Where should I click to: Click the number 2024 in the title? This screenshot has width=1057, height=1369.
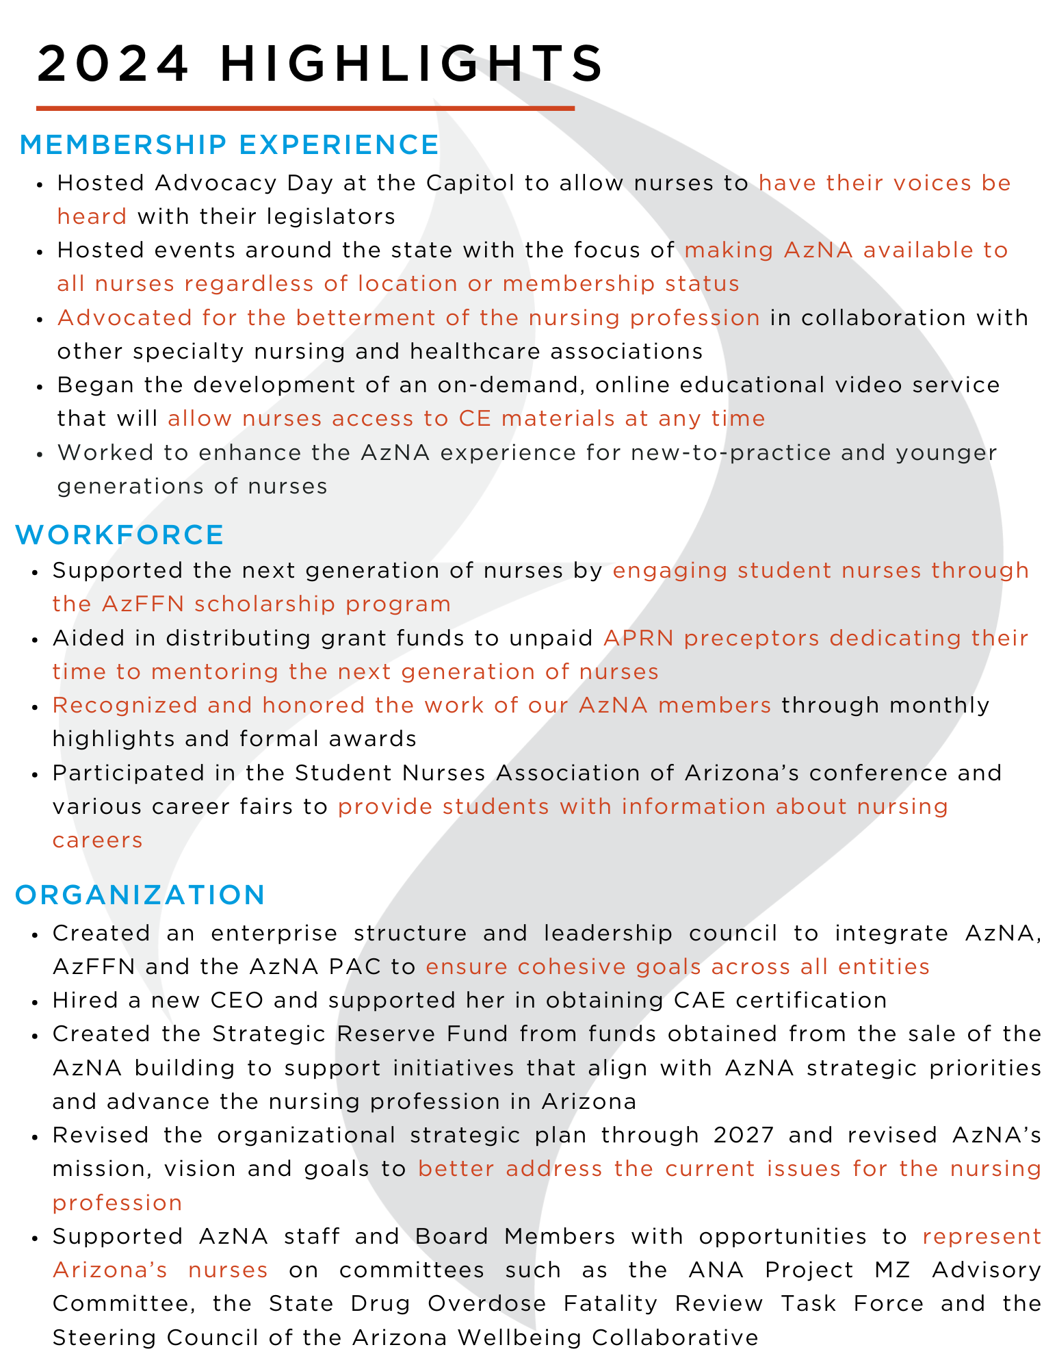tap(113, 64)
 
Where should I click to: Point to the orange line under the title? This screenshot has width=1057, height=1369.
tap(305, 108)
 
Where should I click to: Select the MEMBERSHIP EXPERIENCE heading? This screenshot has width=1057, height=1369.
tap(230, 145)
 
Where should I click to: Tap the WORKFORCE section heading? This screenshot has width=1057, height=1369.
tap(120, 535)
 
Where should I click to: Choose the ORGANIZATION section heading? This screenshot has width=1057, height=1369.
tap(140, 895)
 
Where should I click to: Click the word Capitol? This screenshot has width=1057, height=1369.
tap(463, 183)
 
